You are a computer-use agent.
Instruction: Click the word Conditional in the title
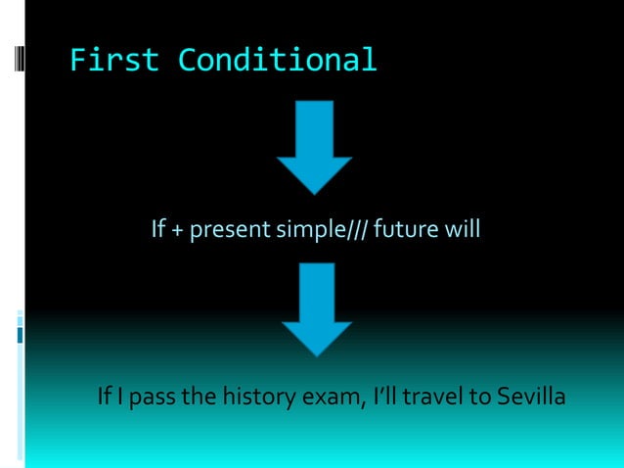click(277, 61)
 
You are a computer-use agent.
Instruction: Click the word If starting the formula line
click(158, 231)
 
